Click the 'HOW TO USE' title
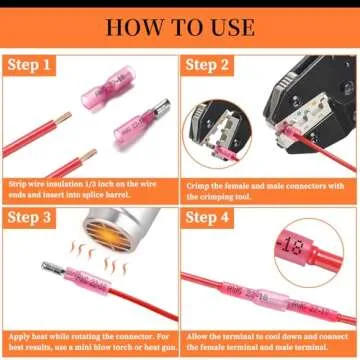pos(180,25)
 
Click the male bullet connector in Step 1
pos(137,129)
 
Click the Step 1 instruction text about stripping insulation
pos(90,186)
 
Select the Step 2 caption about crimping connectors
pos(270,186)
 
